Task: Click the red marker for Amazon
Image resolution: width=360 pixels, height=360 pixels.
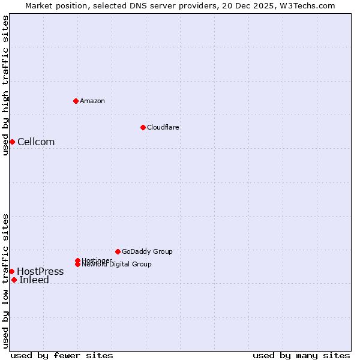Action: (x=76, y=101)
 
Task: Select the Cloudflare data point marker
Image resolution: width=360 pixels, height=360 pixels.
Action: (x=143, y=127)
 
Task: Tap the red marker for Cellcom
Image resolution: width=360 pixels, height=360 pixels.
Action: (x=12, y=142)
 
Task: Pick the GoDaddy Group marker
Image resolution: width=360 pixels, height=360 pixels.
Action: (x=118, y=251)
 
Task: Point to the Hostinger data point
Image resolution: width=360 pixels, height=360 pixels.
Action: (x=77, y=260)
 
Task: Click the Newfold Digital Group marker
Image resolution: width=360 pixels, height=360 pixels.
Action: (x=78, y=264)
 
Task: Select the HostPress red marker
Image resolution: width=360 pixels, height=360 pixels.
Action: (x=11, y=271)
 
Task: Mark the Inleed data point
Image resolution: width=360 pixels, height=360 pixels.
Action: (x=14, y=280)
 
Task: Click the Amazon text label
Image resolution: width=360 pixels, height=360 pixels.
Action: (x=92, y=101)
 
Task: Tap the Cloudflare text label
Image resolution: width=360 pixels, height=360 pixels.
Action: (x=163, y=127)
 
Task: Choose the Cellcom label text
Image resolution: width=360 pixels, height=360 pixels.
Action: (x=36, y=142)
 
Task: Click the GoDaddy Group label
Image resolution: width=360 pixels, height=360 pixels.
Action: (x=147, y=251)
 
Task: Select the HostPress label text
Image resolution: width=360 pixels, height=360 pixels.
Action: (x=40, y=271)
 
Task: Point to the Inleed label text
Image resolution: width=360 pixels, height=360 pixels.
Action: (x=34, y=280)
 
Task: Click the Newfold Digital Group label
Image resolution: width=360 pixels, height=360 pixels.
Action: (x=117, y=264)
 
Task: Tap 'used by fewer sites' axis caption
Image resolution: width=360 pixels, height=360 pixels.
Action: (x=62, y=355)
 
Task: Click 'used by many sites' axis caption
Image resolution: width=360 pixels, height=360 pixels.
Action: (x=301, y=355)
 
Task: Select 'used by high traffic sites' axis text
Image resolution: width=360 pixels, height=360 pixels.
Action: (x=5, y=85)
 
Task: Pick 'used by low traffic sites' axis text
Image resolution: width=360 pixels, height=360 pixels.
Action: (x=5, y=281)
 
